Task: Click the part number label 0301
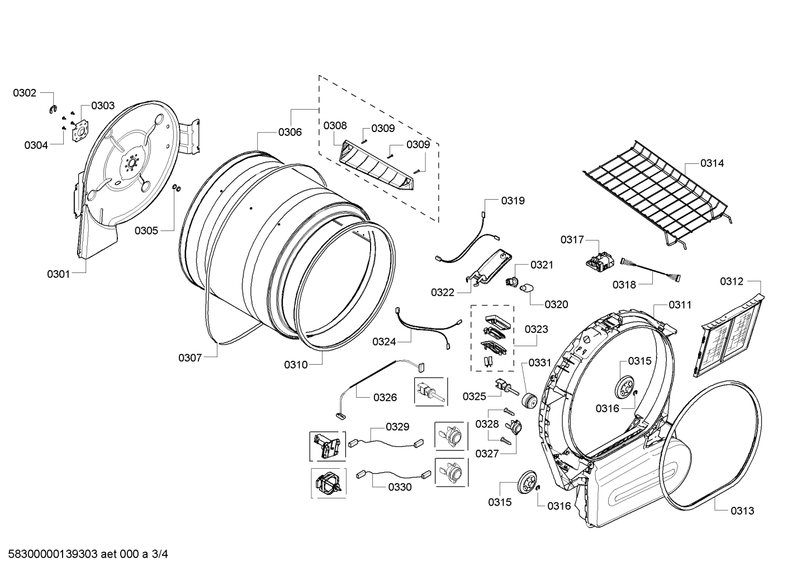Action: point(58,274)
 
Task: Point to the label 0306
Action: point(290,132)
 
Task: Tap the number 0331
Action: point(539,363)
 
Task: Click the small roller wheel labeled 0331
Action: point(528,401)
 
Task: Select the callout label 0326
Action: point(385,397)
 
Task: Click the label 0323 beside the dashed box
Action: point(536,329)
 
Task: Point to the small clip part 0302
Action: point(53,109)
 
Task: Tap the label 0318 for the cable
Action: point(624,285)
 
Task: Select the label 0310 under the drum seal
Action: point(296,365)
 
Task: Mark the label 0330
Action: point(400,487)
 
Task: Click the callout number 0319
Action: point(513,200)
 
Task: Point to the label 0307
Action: point(190,357)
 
